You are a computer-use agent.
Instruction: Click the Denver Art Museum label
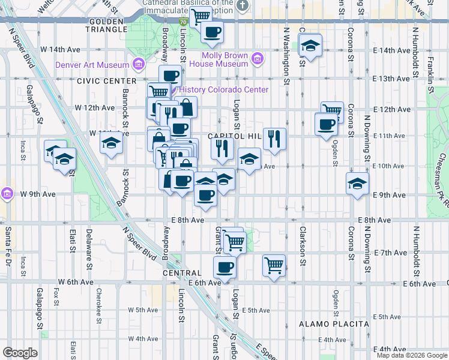(92, 65)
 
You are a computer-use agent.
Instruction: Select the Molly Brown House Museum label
(225, 59)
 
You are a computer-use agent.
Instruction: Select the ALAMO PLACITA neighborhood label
(334, 324)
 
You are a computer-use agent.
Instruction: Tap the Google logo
(20, 353)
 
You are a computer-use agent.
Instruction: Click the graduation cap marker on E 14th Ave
(310, 45)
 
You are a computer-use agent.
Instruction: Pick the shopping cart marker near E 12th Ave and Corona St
(331, 110)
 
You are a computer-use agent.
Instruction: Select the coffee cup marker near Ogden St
(326, 124)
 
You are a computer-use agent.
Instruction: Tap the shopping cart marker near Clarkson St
(274, 264)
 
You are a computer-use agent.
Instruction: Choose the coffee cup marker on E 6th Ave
(224, 266)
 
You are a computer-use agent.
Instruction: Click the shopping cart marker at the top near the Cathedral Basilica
(200, 16)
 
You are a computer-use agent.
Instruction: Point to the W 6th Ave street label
(76, 282)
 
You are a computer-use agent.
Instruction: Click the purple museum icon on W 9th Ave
(7, 193)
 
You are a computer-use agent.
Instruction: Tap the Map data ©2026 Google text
(411, 355)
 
